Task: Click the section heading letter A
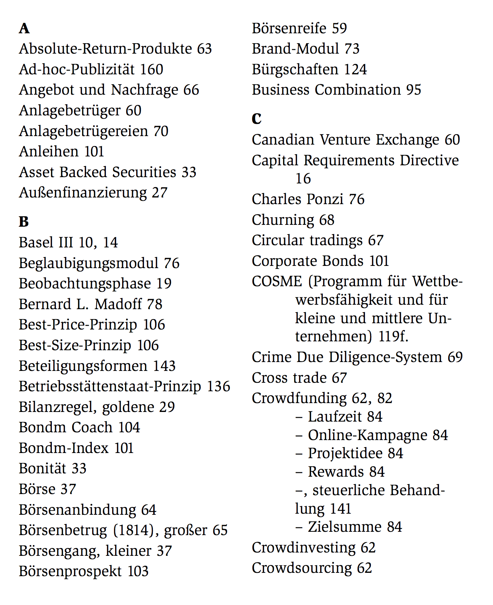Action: (24, 28)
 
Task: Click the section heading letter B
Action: (24, 222)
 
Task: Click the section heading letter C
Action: (256, 119)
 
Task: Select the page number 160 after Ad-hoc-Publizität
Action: (151, 70)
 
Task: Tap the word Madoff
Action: (118, 304)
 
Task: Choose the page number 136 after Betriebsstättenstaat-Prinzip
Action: (218, 386)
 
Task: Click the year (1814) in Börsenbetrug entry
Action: (134, 530)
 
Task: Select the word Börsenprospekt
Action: (70, 571)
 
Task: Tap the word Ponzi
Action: (327, 199)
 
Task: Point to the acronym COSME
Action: (277, 281)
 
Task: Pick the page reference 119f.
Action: (393, 337)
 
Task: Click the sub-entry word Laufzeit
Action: (335, 417)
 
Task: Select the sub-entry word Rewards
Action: (336, 472)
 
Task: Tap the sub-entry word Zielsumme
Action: (345, 527)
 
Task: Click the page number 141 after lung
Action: (340, 509)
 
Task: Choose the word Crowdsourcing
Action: (302, 568)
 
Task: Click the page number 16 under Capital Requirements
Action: (303, 179)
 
